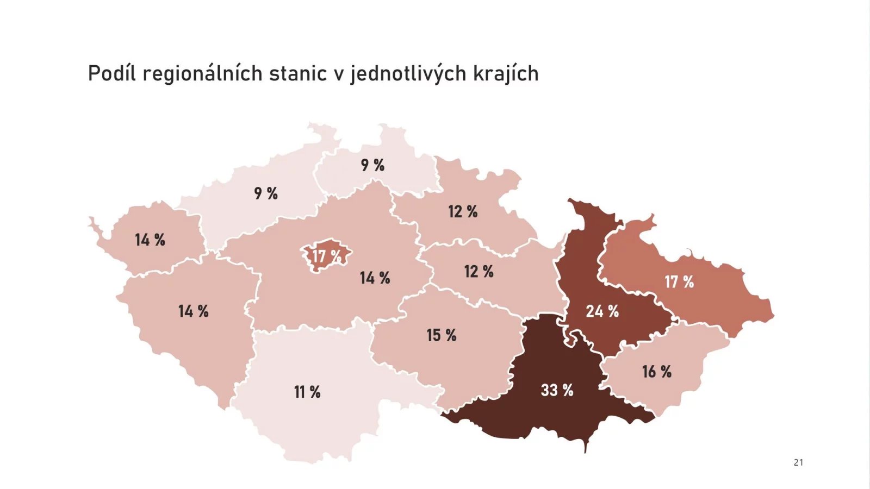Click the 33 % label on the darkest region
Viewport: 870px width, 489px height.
pyautogui.click(x=557, y=390)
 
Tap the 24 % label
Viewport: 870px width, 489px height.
pyautogui.click(x=602, y=311)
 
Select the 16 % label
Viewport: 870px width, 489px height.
pyautogui.click(x=656, y=372)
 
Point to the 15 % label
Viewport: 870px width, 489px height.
pyautogui.click(x=441, y=335)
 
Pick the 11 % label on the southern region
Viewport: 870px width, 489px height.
pyautogui.click(x=307, y=392)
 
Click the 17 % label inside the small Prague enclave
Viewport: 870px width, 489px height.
pyautogui.click(x=326, y=256)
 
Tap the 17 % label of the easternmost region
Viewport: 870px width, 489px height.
pyautogui.click(x=679, y=282)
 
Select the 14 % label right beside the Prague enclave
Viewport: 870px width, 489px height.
pyautogui.click(x=375, y=278)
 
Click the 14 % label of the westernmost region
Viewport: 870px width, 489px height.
pyautogui.click(x=150, y=240)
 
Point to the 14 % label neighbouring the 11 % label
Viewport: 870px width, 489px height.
pyautogui.click(x=193, y=311)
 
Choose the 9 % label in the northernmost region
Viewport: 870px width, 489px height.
pyautogui.click(x=372, y=165)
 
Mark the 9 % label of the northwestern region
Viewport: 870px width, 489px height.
pyautogui.click(x=266, y=193)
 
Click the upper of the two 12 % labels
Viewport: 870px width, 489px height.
pyautogui.click(x=463, y=212)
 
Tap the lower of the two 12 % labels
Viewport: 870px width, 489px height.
pyautogui.click(x=478, y=272)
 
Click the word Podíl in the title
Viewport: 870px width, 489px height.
pyautogui.click(x=111, y=73)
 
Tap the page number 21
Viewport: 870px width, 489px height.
pyautogui.click(x=798, y=462)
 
